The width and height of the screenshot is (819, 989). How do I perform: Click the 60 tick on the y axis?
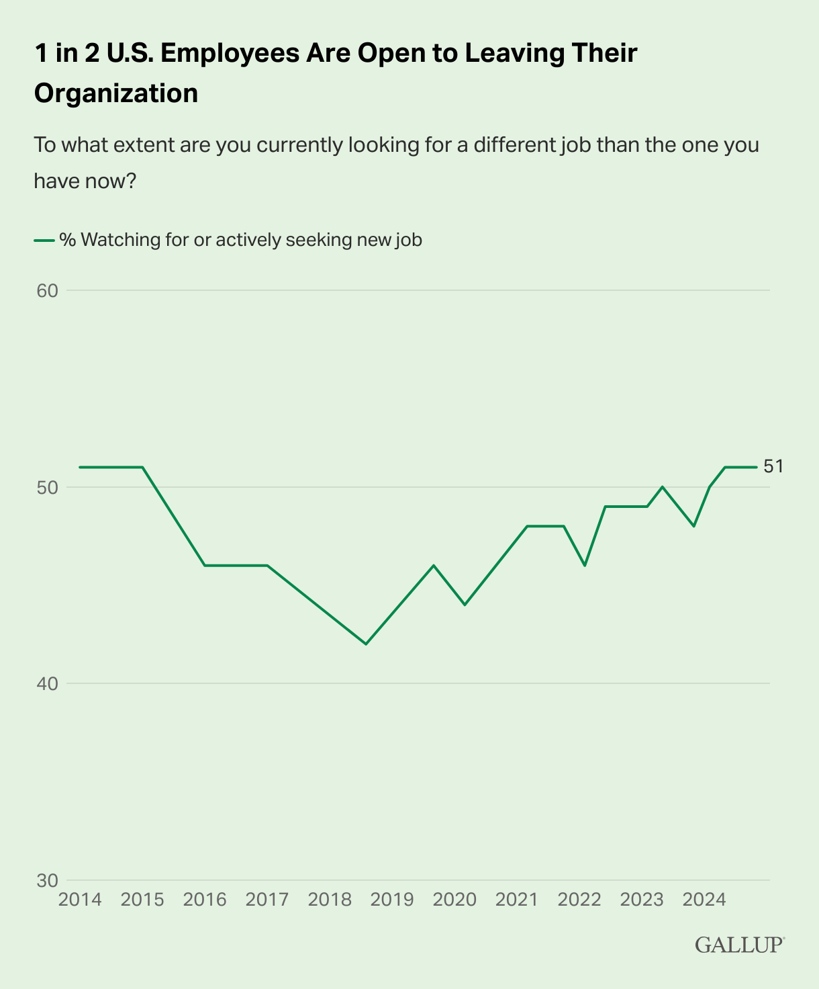pos(48,291)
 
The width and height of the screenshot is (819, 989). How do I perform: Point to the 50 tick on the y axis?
pos(48,487)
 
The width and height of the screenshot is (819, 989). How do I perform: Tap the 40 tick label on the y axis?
pos(48,684)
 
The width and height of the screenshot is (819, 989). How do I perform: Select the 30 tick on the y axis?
pos(48,880)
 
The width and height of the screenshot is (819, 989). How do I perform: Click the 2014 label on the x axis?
pos(80,900)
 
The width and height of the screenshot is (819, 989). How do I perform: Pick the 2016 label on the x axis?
pos(205,900)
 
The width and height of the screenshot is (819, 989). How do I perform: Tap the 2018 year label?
pos(330,900)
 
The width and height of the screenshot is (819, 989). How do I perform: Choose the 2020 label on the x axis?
pos(454,900)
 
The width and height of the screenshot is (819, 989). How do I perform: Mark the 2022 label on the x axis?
pos(579,900)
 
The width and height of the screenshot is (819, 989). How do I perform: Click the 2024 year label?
pos(704,900)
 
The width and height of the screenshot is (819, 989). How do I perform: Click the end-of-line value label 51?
pos(773,466)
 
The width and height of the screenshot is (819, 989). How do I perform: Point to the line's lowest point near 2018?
pos(366,644)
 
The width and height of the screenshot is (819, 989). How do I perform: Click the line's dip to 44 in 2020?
pos(465,605)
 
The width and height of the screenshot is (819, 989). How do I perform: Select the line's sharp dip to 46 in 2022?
pos(585,566)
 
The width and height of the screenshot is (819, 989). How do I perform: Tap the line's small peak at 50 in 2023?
pos(663,486)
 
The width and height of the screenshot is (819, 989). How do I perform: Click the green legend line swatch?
pos(44,240)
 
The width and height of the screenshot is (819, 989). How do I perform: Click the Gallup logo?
pos(739,945)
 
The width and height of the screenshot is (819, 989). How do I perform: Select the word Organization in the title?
pos(116,93)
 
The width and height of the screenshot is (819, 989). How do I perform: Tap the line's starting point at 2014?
pos(80,467)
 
